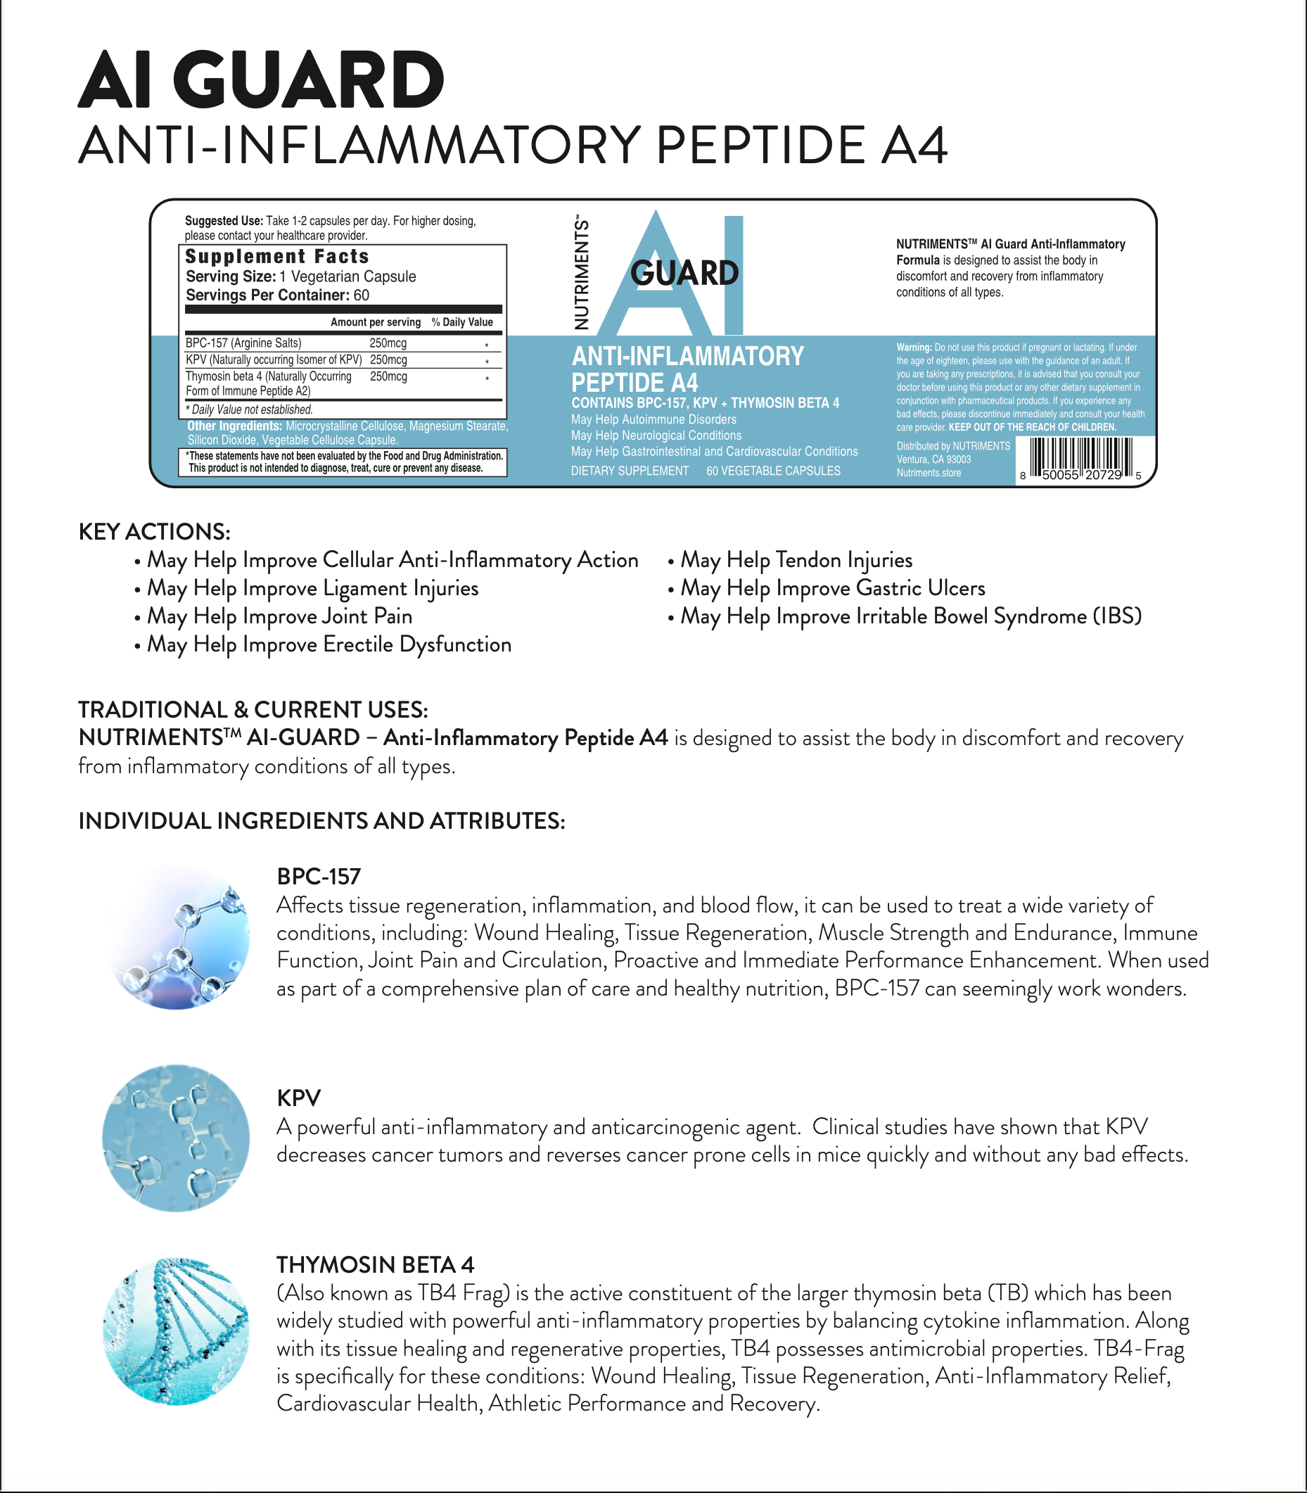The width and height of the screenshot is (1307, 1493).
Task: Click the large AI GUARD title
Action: click(x=260, y=80)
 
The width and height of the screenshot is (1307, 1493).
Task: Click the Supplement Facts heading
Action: click(x=277, y=257)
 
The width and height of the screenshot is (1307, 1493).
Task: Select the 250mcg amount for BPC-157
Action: click(x=388, y=343)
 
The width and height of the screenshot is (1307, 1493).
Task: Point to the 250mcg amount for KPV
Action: click(x=388, y=360)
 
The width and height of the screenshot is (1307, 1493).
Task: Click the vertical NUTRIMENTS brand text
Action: click(x=581, y=272)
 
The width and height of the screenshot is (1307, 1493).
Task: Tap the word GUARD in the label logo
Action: click(x=684, y=274)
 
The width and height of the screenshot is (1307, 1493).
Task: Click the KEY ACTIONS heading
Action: click(x=155, y=532)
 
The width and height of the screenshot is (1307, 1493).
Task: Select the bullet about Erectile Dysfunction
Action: click(x=329, y=644)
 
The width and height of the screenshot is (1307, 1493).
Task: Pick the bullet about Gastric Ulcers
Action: click(x=832, y=589)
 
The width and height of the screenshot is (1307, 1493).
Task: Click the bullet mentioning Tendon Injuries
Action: click(x=796, y=560)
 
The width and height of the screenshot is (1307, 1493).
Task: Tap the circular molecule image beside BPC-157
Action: click(x=177, y=937)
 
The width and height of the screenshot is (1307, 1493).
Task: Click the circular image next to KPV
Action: click(x=176, y=1138)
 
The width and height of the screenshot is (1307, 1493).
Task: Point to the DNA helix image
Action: click(x=176, y=1331)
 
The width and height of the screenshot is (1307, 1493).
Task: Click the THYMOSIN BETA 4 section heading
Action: click(x=375, y=1264)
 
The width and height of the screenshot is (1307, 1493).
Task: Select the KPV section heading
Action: click(x=298, y=1098)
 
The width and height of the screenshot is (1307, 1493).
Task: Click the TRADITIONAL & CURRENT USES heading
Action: click(x=253, y=710)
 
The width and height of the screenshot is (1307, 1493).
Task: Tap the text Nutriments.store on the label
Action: click(x=929, y=474)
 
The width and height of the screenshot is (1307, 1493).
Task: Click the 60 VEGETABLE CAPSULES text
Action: click(x=773, y=471)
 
